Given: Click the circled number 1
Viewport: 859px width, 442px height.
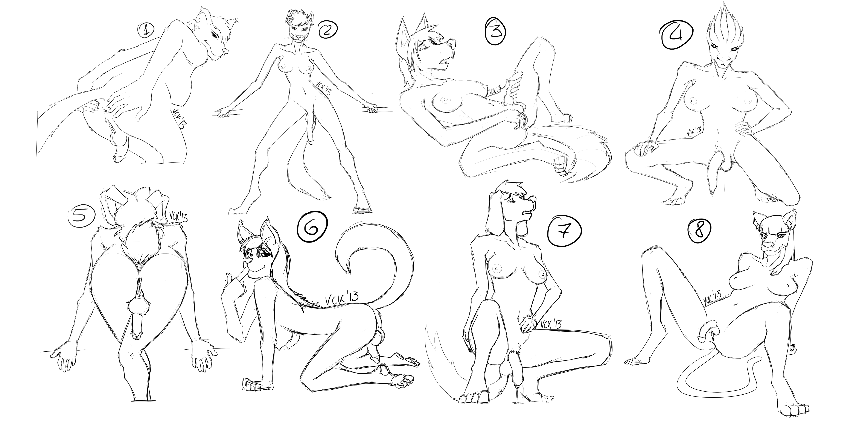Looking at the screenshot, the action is pyautogui.click(x=146, y=31).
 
